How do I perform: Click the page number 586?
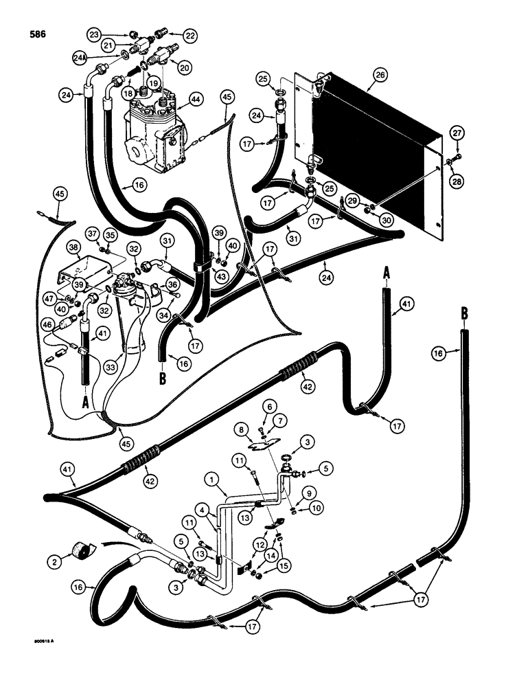point(35,32)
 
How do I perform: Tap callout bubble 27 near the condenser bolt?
point(457,133)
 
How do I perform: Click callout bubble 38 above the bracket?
point(75,245)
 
